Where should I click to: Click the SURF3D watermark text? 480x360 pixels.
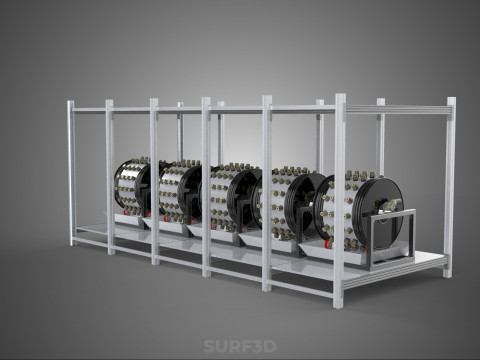(240, 346)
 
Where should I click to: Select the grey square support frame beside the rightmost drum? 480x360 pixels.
(391, 237)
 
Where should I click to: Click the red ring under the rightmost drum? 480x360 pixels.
(328, 244)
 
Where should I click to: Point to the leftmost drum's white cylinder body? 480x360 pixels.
(128, 188)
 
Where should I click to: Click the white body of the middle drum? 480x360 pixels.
(222, 198)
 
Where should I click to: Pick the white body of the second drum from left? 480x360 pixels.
(172, 192)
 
